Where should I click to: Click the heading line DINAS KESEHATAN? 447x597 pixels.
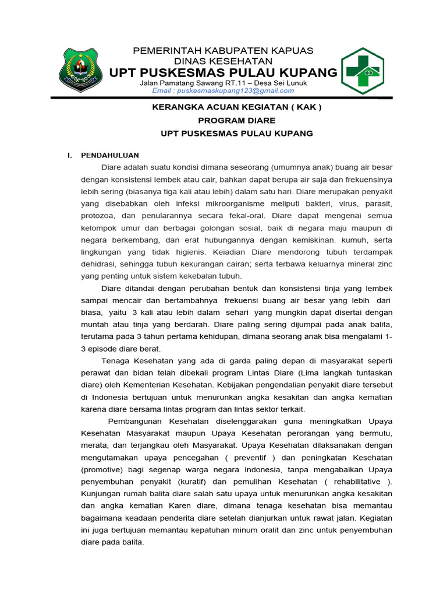pos(223,61)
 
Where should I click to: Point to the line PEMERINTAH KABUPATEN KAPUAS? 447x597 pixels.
pos(223,51)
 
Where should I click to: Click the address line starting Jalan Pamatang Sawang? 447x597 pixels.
pos(223,83)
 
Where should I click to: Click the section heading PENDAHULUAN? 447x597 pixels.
pos(110,155)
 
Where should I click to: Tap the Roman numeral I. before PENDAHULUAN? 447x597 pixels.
pos(70,155)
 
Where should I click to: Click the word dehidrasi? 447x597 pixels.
pos(99,264)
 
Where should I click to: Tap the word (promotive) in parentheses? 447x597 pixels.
pos(103,469)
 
